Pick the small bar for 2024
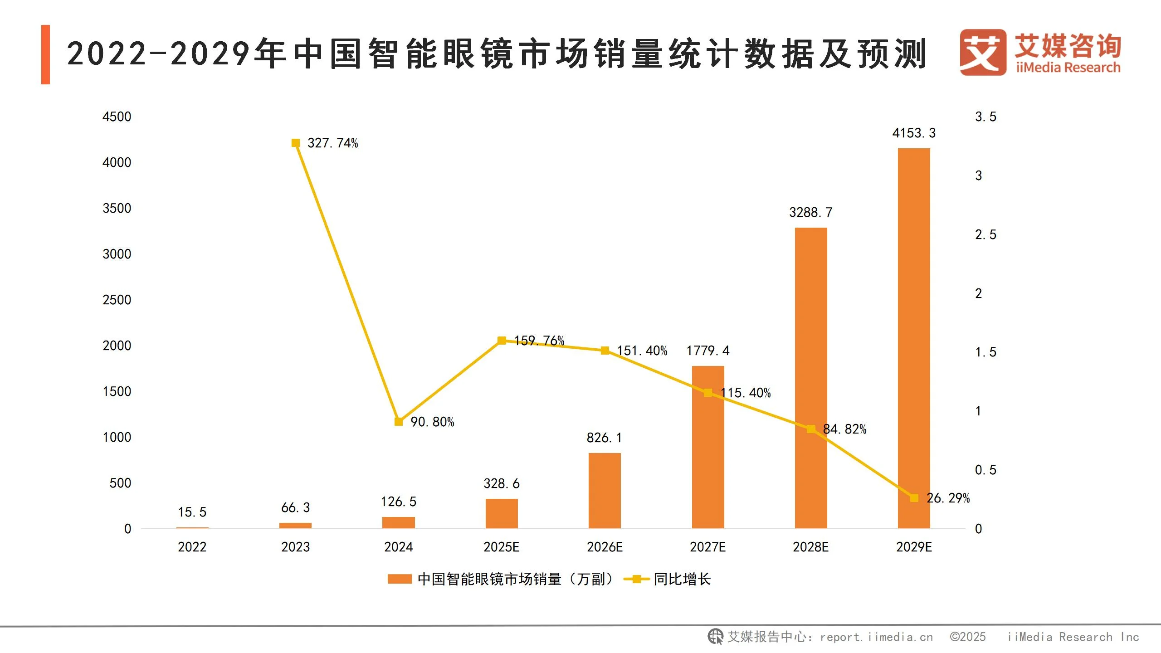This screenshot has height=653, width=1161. coord(398,522)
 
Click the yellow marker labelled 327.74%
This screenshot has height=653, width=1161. coord(296,143)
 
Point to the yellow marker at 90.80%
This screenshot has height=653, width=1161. coord(399,422)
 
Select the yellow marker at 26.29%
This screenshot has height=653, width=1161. coord(914,498)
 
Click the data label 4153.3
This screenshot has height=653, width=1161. coord(914,133)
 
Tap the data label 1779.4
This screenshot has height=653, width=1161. coord(707,351)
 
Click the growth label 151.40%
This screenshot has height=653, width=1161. coord(642,351)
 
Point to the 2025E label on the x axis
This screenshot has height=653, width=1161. coord(501,547)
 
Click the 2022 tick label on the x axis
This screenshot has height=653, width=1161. coord(192,547)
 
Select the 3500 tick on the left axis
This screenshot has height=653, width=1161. coord(117,208)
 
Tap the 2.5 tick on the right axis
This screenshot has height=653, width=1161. coord(985,234)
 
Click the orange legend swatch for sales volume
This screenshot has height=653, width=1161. coord(400,579)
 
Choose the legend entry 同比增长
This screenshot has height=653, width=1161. coord(682,579)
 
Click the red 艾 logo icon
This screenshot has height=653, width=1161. coord(982,52)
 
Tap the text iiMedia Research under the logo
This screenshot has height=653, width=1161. coord(1068,68)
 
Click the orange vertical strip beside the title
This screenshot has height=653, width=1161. coord(45,54)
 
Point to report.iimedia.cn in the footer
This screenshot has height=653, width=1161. coord(876,637)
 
